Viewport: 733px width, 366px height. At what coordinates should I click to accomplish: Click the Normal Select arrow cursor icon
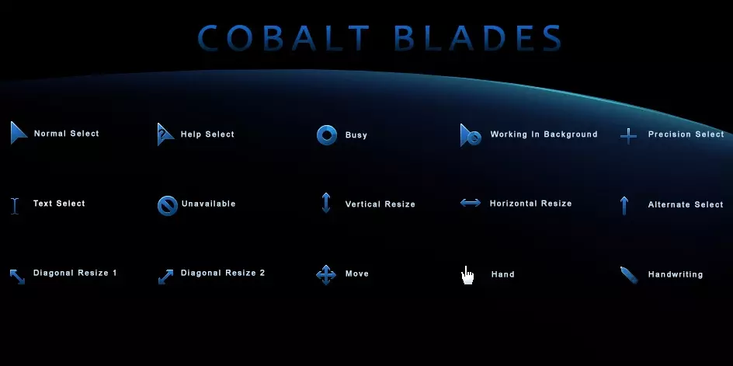point(18,134)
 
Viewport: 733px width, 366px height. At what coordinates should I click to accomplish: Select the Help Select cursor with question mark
point(165,134)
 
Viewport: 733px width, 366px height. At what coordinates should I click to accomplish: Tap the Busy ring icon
point(327,135)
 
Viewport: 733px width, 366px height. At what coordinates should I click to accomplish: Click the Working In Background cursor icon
point(470,136)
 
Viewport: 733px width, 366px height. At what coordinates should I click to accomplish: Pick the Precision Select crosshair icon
point(628,136)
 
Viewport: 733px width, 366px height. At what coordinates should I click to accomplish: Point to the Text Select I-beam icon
point(15,206)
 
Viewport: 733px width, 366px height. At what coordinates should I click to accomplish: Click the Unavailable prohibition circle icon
point(168,206)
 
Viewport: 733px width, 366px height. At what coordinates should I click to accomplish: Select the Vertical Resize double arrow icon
point(326,203)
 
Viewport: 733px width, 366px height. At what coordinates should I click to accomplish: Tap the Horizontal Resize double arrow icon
point(471,203)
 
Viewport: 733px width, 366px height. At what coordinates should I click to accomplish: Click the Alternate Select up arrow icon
point(624,205)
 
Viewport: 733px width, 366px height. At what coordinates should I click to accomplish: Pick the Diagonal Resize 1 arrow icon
point(17,276)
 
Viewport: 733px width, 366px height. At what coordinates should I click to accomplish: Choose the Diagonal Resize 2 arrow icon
point(165,276)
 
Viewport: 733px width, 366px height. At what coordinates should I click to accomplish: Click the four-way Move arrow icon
point(326,275)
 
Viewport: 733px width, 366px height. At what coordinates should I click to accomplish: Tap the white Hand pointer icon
point(467,276)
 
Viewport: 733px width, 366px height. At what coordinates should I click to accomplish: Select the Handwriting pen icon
point(629,275)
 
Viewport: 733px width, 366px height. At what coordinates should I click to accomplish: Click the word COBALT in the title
point(283,37)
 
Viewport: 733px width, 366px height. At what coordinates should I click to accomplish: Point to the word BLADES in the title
point(478,37)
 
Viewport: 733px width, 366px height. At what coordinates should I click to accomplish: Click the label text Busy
point(356,135)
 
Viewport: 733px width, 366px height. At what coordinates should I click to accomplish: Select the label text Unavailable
point(209,204)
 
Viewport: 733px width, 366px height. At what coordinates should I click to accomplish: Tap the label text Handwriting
point(676,275)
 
